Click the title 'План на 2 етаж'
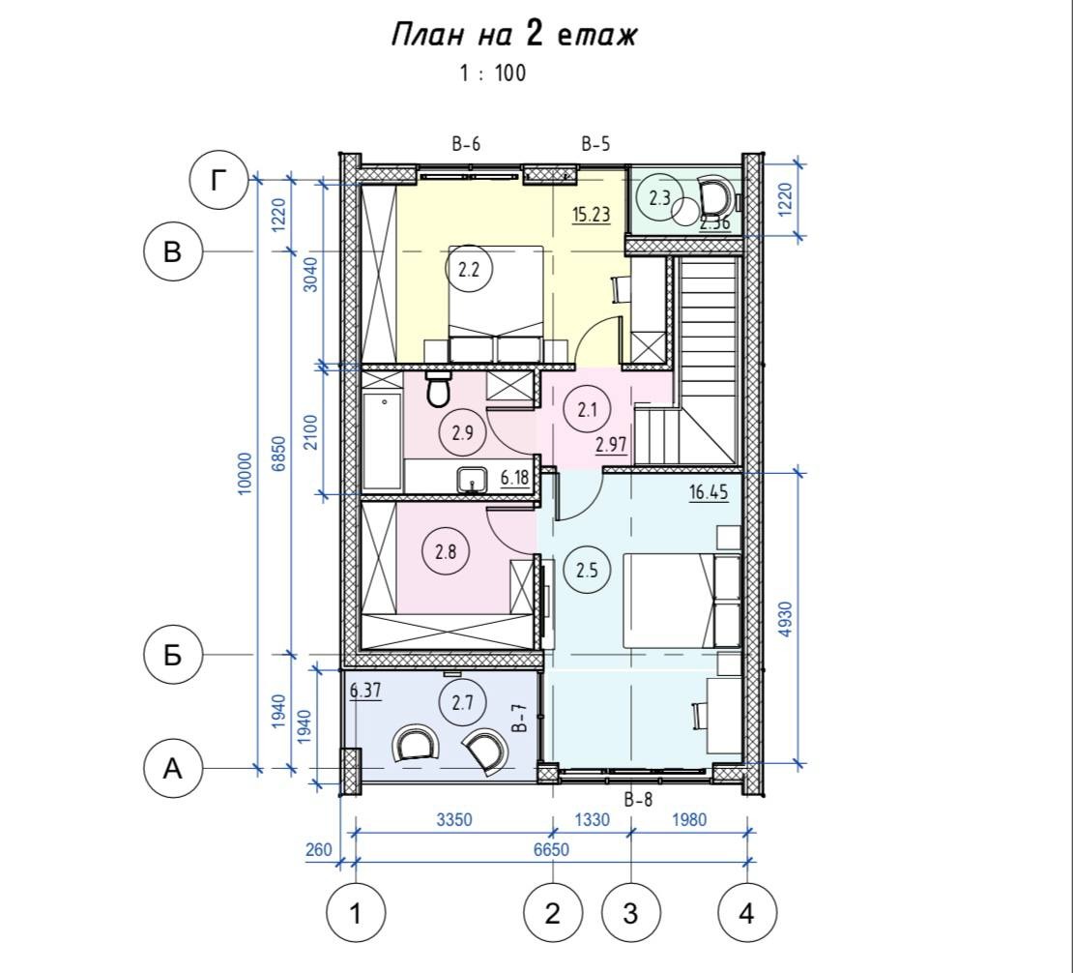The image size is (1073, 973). tap(514, 35)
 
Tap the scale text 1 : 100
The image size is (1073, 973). tap(493, 73)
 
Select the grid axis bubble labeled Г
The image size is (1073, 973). tap(218, 182)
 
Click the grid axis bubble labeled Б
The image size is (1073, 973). tap(172, 656)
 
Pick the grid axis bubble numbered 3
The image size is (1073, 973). tap(630, 913)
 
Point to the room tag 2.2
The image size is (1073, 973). tap(468, 269)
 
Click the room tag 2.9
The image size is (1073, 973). tap(463, 432)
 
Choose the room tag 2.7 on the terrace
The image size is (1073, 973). tap(463, 702)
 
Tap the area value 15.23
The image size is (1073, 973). tap(592, 215)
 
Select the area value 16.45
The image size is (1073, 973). tap(709, 492)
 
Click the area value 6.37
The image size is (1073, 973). tap(364, 691)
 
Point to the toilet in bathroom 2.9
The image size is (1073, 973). tap(438, 389)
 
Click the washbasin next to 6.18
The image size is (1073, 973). tap(472, 479)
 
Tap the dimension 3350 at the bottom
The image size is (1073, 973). tap(453, 819)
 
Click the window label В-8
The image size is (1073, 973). tap(638, 799)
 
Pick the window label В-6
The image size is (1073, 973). tap(466, 144)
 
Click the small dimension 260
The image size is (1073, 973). tap(318, 850)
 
